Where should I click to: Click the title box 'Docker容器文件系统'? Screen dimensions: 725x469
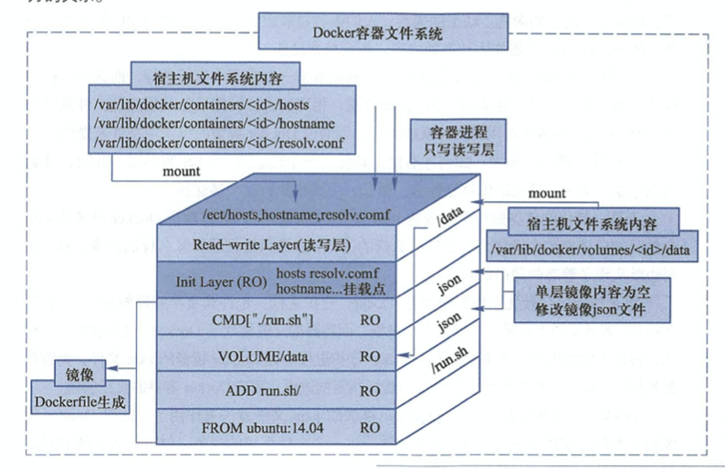click(x=383, y=31)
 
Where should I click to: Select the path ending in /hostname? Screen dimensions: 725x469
click(x=215, y=123)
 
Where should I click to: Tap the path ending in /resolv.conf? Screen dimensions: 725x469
click(x=219, y=143)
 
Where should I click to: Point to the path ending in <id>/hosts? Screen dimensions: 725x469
click(x=201, y=104)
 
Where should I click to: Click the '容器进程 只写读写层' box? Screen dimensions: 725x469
click(x=458, y=141)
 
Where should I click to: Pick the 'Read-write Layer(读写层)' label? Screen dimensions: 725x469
click(x=272, y=244)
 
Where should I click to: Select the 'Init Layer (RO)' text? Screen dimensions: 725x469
click(x=221, y=282)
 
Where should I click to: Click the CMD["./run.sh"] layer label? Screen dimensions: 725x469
click(x=263, y=319)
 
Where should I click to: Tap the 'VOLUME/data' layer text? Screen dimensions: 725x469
click(x=263, y=356)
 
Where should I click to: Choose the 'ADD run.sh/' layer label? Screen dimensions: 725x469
click(x=263, y=390)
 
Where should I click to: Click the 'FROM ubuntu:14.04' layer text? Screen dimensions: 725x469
click(x=262, y=427)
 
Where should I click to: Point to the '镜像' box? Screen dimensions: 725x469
click(x=80, y=374)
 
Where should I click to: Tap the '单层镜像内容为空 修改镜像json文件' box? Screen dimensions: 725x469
click(x=593, y=300)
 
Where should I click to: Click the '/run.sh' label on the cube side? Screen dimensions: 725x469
click(x=449, y=359)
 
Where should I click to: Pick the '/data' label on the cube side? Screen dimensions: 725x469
click(x=450, y=216)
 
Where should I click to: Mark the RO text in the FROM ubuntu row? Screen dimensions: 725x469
click(x=370, y=427)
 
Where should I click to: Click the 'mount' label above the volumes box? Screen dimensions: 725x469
click(x=547, y=193)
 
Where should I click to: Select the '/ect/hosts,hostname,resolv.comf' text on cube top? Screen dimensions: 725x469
click(x=297, y=214)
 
